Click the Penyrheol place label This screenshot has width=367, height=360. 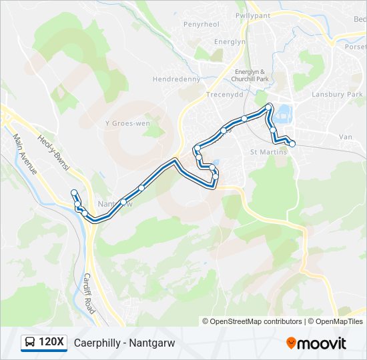coord(201,25)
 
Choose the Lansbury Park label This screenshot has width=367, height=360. coord(338,95)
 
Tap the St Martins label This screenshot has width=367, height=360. coord(268,152)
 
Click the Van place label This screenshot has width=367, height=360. coord(346,137)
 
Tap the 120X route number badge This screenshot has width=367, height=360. coord(52,343)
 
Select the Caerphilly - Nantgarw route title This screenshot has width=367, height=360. coord(124,343)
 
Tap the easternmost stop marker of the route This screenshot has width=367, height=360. coord(292,143)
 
